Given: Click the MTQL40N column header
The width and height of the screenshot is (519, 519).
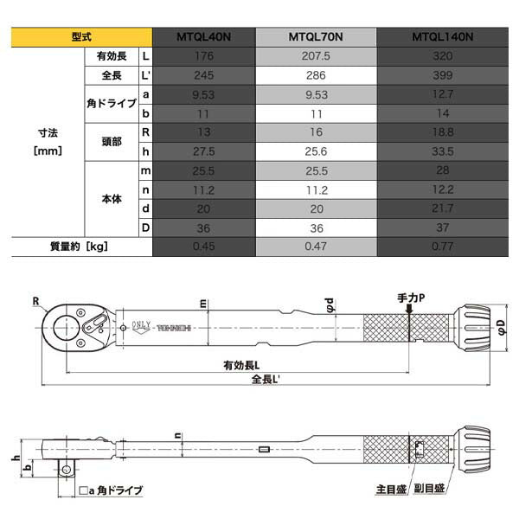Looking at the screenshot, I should tap(204, 38).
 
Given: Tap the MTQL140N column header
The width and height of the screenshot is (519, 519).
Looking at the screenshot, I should tap(442, 38).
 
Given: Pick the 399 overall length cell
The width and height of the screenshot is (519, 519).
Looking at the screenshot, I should tap(442, 75).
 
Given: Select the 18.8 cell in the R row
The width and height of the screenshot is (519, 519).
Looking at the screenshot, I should tap(442, 132).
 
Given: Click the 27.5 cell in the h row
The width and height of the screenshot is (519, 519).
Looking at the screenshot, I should tap(204, 151).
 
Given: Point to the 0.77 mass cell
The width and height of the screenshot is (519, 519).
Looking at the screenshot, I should tap(442, 247).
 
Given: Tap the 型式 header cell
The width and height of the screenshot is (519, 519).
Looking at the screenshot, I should tap(83, 38).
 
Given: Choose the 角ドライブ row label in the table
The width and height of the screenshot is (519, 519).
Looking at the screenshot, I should tap(110, 104).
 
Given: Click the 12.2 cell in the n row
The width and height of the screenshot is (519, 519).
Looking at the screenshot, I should tap(442, 189).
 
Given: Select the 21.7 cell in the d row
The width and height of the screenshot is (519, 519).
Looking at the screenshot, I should tap(442, 208).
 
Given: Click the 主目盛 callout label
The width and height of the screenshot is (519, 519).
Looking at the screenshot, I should tap(388, 489).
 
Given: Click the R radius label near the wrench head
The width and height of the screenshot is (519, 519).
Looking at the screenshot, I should tap(38, 302).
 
